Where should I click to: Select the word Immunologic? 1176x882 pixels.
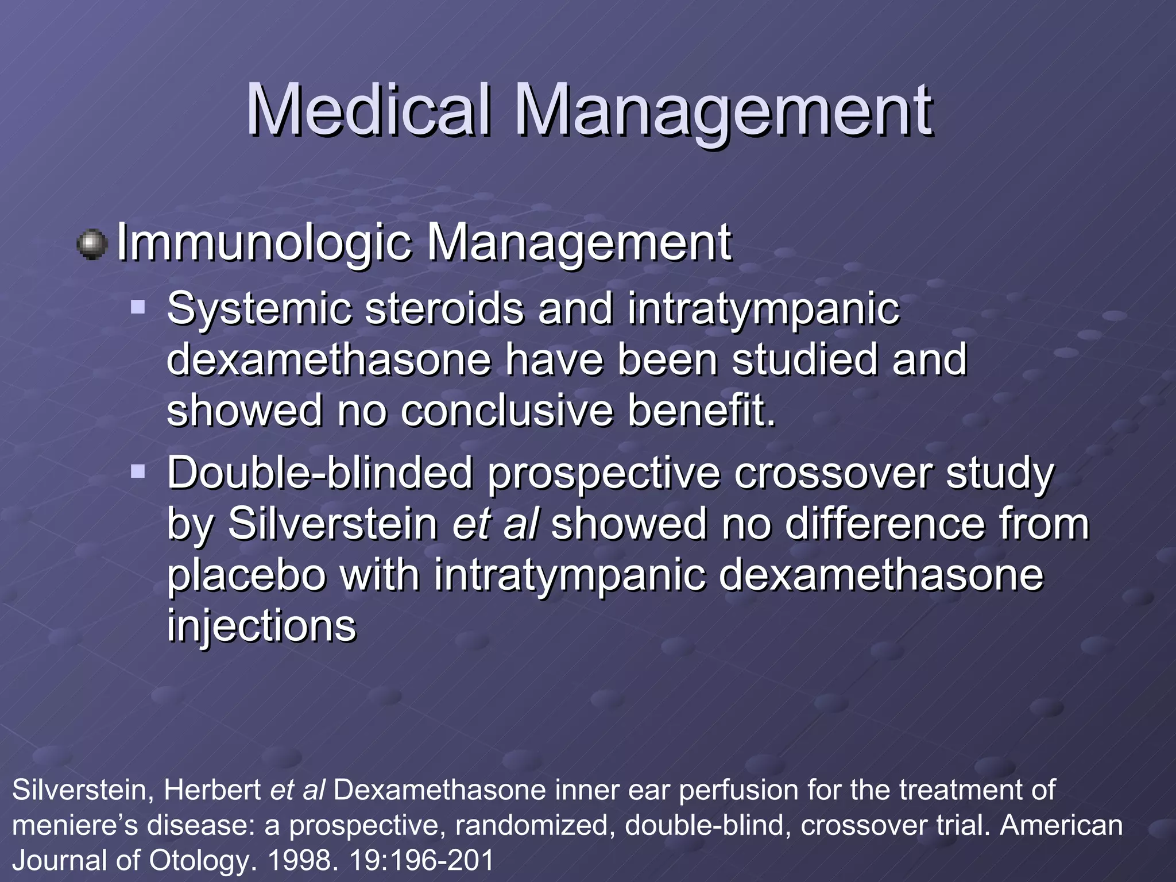tap(264, 243)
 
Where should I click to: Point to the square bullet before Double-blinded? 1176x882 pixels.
tap(138, 472)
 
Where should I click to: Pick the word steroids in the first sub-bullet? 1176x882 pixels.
tap(444, 309)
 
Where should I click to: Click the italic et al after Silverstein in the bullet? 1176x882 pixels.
tap(495, 524)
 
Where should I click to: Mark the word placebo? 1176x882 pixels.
tap(246, 575)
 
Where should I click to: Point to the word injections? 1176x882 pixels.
tap(261, 626)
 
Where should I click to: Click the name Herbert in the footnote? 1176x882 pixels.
tap(212, 790)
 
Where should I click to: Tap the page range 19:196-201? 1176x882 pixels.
tap(421, 860)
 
